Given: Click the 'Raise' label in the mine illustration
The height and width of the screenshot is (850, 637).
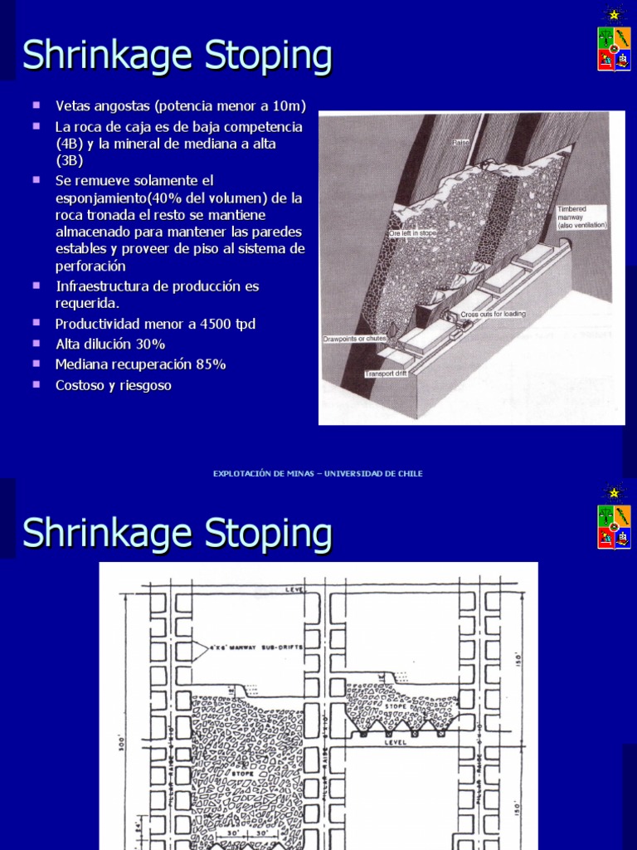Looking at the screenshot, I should pos(461,143).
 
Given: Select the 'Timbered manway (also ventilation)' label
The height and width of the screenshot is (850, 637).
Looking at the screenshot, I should pos(582,217).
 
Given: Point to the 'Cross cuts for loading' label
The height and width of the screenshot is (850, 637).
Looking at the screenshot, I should pos(493,315).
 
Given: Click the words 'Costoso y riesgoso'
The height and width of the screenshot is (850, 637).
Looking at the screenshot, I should pos(114,385).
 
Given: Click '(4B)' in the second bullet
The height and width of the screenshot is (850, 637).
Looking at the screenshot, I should pos(71,144).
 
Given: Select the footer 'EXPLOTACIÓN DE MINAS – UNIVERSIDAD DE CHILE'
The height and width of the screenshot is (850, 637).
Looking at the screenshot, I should pos(318,473).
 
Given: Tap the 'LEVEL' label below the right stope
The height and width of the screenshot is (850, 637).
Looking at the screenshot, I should pos(396,744).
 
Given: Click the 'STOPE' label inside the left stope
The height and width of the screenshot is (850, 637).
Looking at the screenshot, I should pos(242,772).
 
